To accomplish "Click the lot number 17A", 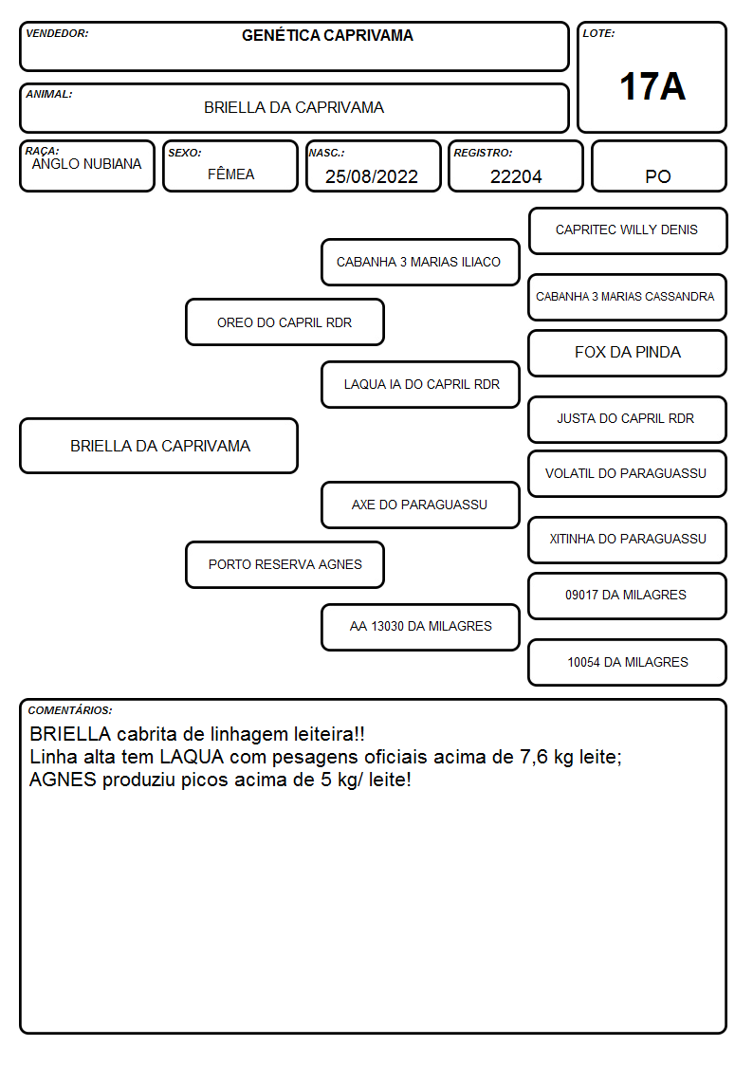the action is click(x=652, y=86).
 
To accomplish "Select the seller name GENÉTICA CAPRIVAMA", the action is click(x=327, y=35).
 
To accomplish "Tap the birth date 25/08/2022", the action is click(x=372, y=176).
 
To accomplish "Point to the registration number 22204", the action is click(x=516, y=176).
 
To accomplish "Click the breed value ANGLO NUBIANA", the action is click(x=87, y=164).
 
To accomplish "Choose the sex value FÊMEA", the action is click(x=230, y=174).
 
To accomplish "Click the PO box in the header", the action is click(x=658, y=166).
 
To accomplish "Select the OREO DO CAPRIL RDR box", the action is click(x=285, y=321).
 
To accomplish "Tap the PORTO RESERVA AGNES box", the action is click(x=285, y=564).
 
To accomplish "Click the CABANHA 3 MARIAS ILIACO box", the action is click(x=420, y=262).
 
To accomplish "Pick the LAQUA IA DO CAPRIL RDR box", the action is click(x=420, y=384).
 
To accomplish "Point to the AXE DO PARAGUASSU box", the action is click(x=420, y=505).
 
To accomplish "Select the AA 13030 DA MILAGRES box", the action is click(x=420, y=627).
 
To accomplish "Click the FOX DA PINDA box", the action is click(x=628, y=353).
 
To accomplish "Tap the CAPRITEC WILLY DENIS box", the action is click(x=628, y=231).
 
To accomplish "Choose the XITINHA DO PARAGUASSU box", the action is click(x=628, y=540).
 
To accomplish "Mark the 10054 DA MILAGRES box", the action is click(x=628, y=662).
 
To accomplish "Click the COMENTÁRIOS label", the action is click(x=70, y=710).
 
